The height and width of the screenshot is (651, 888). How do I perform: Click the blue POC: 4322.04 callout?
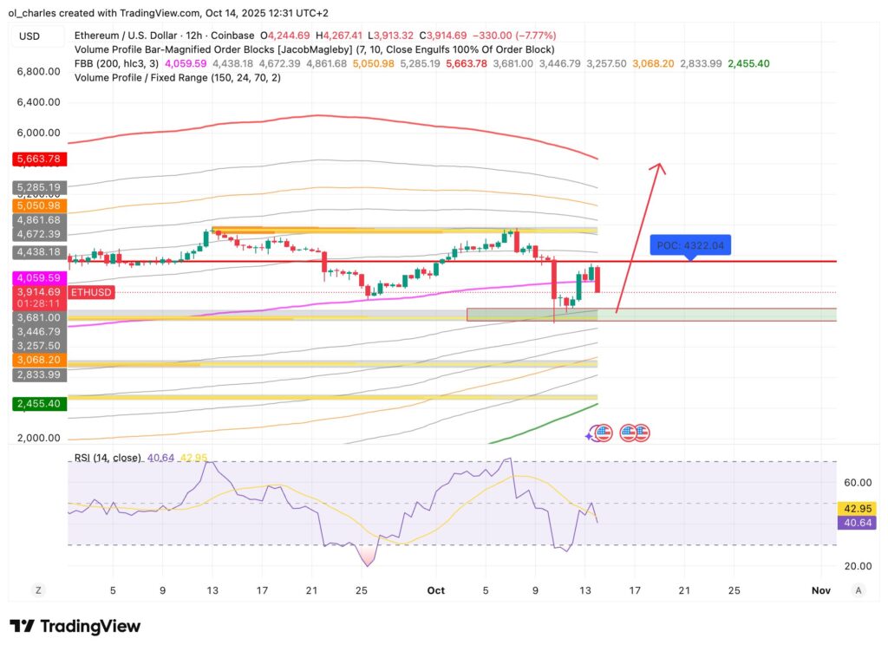(690, 245)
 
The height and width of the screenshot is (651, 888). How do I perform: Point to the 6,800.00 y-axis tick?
(38, 71)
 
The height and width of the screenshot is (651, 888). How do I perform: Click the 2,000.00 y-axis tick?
(38, 438)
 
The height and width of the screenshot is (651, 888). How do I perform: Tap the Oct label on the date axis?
(435, 590)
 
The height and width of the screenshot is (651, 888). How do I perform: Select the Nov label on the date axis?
(820, 590)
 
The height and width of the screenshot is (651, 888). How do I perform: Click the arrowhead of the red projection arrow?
(660, 168)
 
